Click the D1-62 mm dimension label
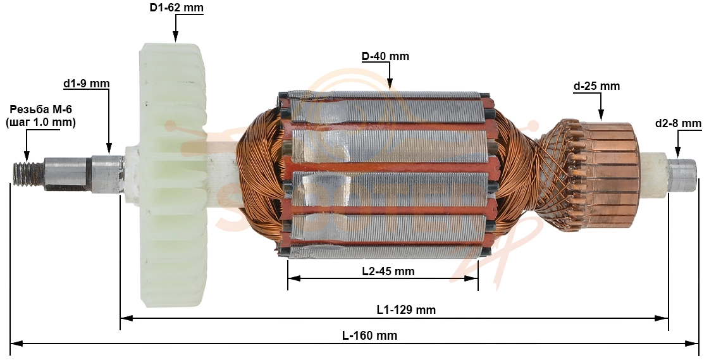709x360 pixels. pos(176,8)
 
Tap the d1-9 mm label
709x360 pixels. pos(87,84)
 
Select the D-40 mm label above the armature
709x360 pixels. pos(385,56)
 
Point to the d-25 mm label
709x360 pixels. pos(596,86)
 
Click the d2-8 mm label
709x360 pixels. pos(678,123)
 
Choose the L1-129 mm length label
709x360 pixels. pos(407,309)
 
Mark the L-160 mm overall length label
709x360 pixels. pos(369,335)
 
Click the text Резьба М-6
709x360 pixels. pos(41,109)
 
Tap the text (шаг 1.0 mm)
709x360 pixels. pos(40,122)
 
